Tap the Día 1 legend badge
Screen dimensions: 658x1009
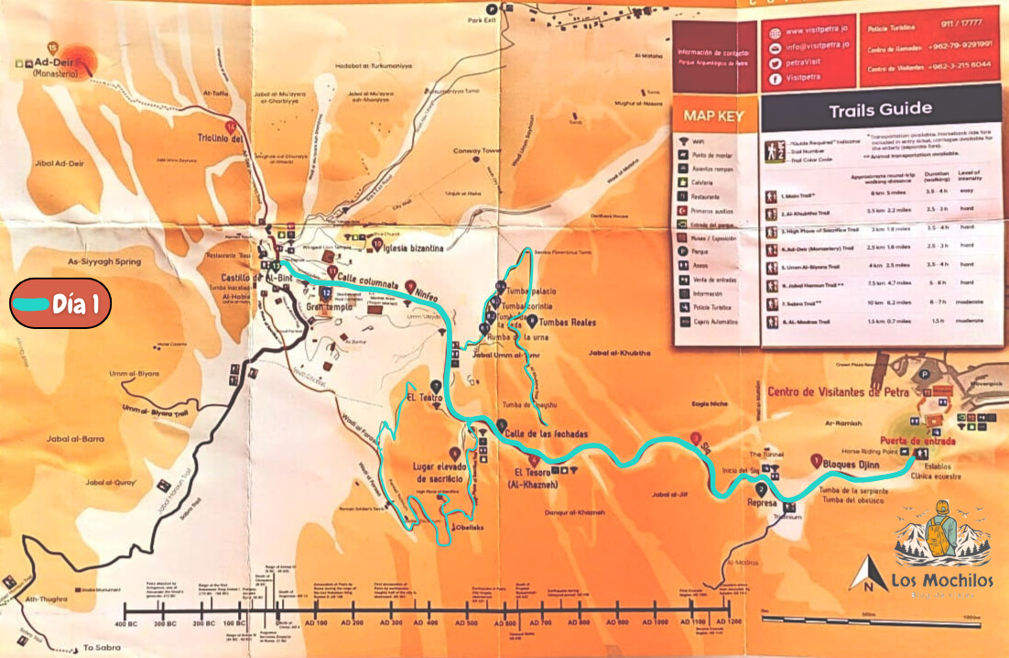tap(60, 303)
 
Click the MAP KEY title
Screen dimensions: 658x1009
tap(713, 117)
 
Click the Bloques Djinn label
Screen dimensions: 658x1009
tap(852, 465)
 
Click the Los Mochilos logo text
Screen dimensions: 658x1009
tap(929, 579)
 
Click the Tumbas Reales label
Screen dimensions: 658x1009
tap(569, 323)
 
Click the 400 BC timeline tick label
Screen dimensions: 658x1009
tap(126, 623)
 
